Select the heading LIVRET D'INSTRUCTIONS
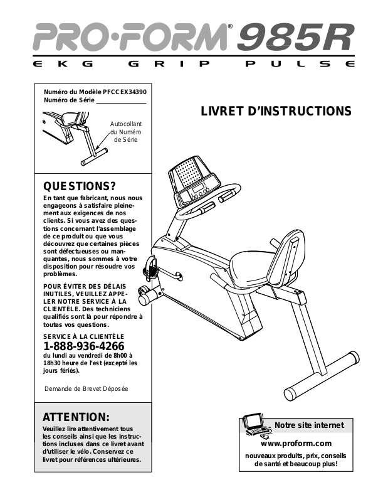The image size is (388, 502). (x=276, y=111)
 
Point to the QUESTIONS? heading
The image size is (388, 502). (x=79, y=186)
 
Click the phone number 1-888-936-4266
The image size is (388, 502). (x=83, y=346)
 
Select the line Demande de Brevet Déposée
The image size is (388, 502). (x=86, y=389)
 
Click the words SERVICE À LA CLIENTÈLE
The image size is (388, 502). (x=79, y=336)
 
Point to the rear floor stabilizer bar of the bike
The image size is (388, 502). (x=320, y=376)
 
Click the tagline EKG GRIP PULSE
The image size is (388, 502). (x=194, y=65)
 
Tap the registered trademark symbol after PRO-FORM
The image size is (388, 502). (x=229, y=26)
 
